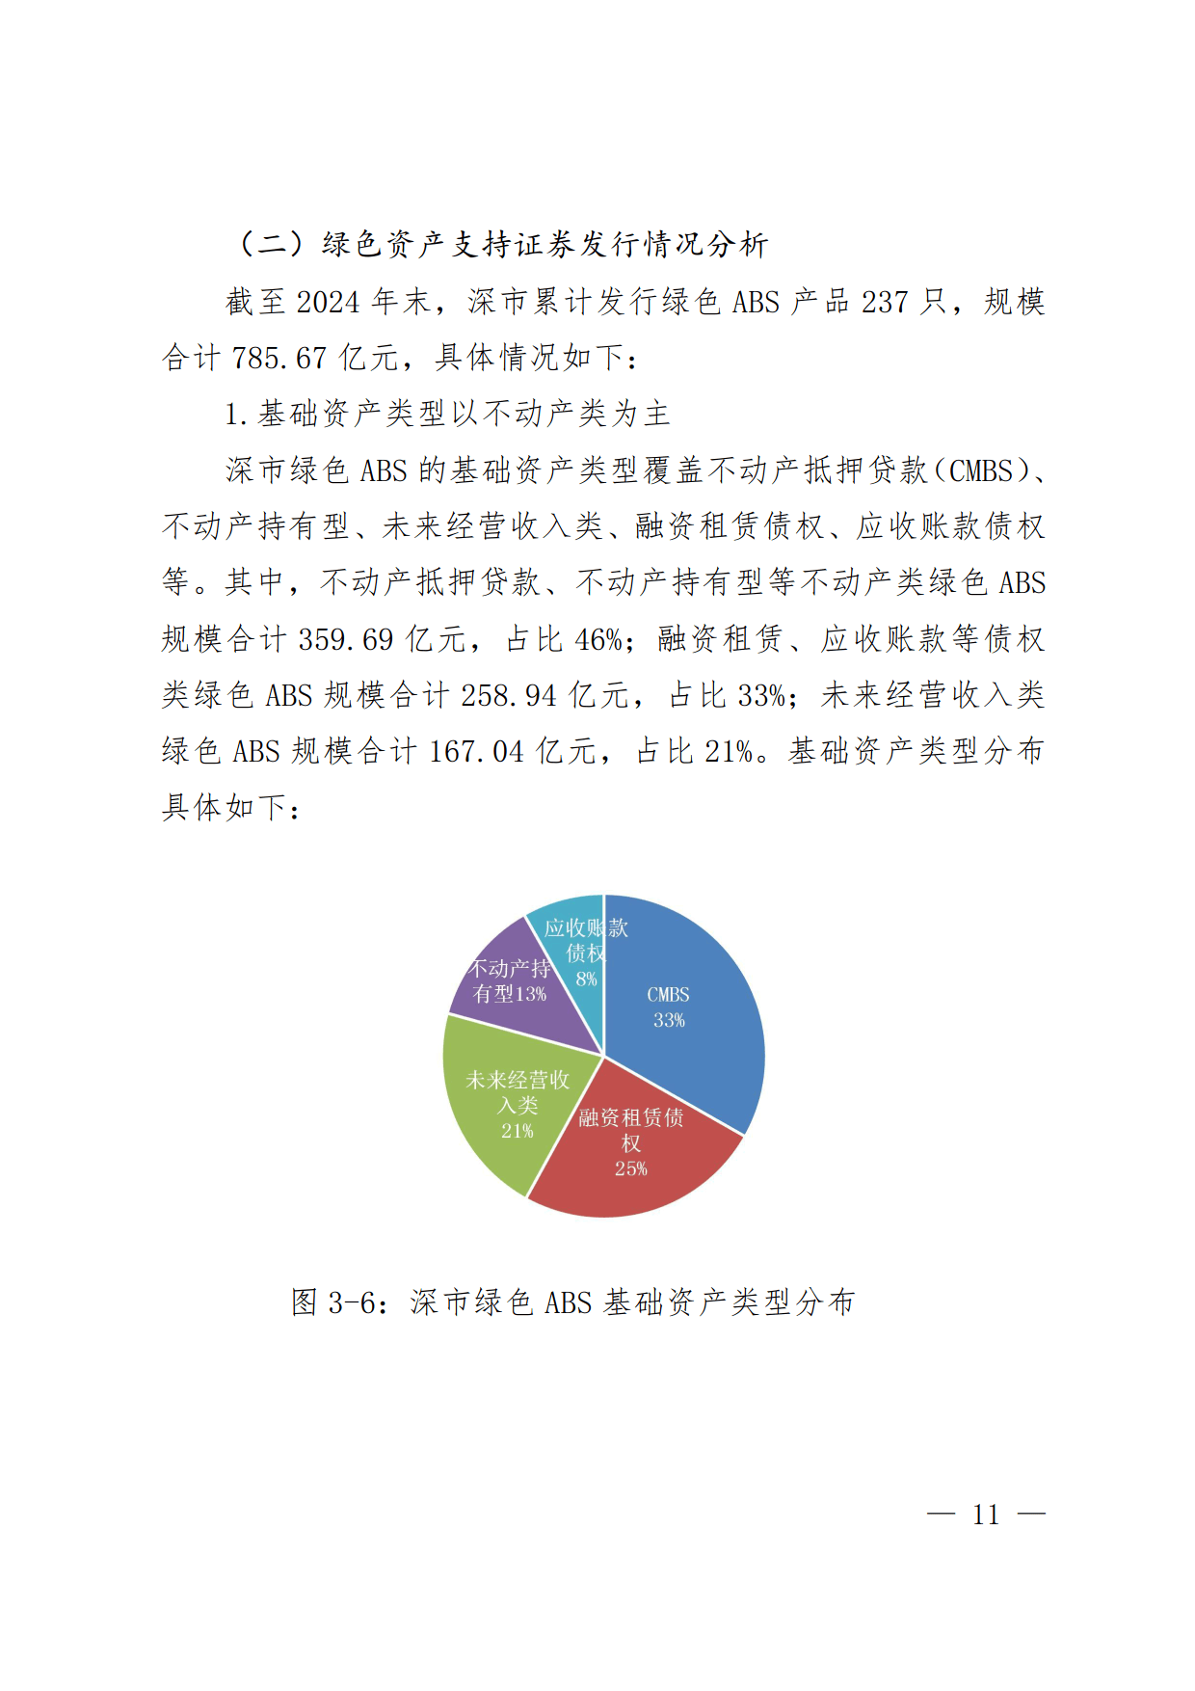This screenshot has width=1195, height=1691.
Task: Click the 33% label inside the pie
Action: (669, 1020)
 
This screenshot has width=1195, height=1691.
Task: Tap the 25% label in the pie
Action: (631, 1168)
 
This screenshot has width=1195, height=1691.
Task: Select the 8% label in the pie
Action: (586, 980)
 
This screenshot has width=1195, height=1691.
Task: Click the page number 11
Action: (986, 1515)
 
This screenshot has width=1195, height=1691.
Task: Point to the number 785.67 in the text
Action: (279, 359)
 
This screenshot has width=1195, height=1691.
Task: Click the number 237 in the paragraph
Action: (886, 303)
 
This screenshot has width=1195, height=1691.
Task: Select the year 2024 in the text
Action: (328, 303)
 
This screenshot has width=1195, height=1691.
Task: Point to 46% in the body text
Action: (598, 639)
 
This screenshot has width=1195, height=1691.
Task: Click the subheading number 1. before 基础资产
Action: (236, 415)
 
